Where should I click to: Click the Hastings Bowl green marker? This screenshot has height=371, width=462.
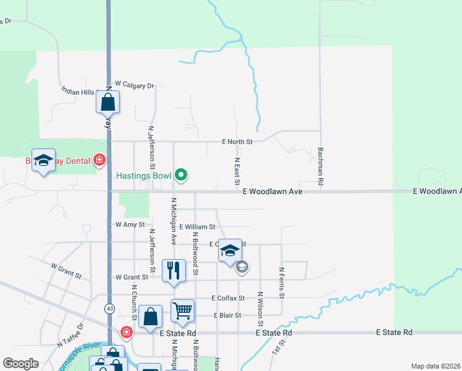pyautogui.click(x=181, y=176)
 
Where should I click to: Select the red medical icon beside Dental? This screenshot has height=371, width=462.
pyautogui.click(x=99, y=161)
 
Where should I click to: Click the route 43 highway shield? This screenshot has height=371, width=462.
pyautogui.click(x=109, y=308)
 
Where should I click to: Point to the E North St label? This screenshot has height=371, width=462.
pyautogui.click(x=238, y=142)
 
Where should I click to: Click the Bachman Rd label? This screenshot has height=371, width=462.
pyautogui.click(x=321, y=166)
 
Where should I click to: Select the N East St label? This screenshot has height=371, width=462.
pyautogui.click(x=237, y=170)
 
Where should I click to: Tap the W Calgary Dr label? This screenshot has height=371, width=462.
pyautogui.click(x=134, y=85)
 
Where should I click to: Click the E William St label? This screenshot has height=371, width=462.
pyautogui.click(x=198, y=227)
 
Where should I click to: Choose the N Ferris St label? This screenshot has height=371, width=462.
pyautogui.click(x=281, y=283)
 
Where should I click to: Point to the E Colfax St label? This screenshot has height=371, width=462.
pyautogui.click(x=228, y=298)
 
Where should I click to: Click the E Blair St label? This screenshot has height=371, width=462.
pyautogui.click(x=227, y=315)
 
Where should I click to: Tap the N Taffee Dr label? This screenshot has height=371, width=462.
pyautogui.click(x=70, y=335)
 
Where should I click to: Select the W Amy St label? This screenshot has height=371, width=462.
pyautogui.click(x=130, y=225)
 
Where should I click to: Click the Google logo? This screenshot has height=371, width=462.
pyautogui.click(x=20, y=364)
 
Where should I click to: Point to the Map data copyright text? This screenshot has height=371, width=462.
pyautogui.click(x=435, y=366)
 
